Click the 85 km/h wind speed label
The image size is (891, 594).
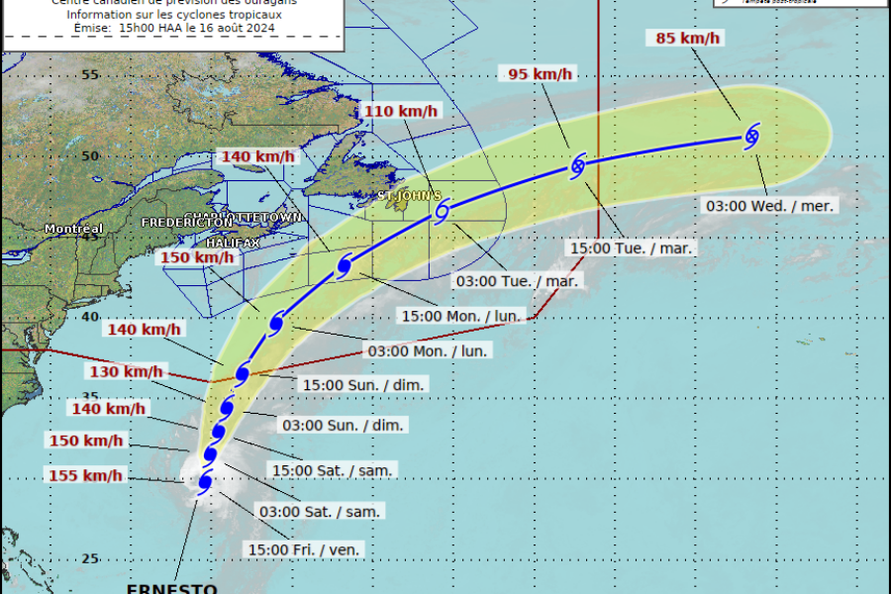coord(690,39)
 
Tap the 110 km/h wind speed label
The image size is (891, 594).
coord(400,111)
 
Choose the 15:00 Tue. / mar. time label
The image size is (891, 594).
coord(631,247)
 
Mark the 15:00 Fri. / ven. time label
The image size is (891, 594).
coord(305,549)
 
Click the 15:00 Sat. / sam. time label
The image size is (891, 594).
coord(330,469)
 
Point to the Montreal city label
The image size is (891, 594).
coord(73,229)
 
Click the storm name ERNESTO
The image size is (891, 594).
coord(171,588)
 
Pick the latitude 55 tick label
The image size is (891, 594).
coord(90,75)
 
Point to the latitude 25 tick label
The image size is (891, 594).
coord(90,558)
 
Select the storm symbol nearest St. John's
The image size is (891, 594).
coord(443,210)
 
